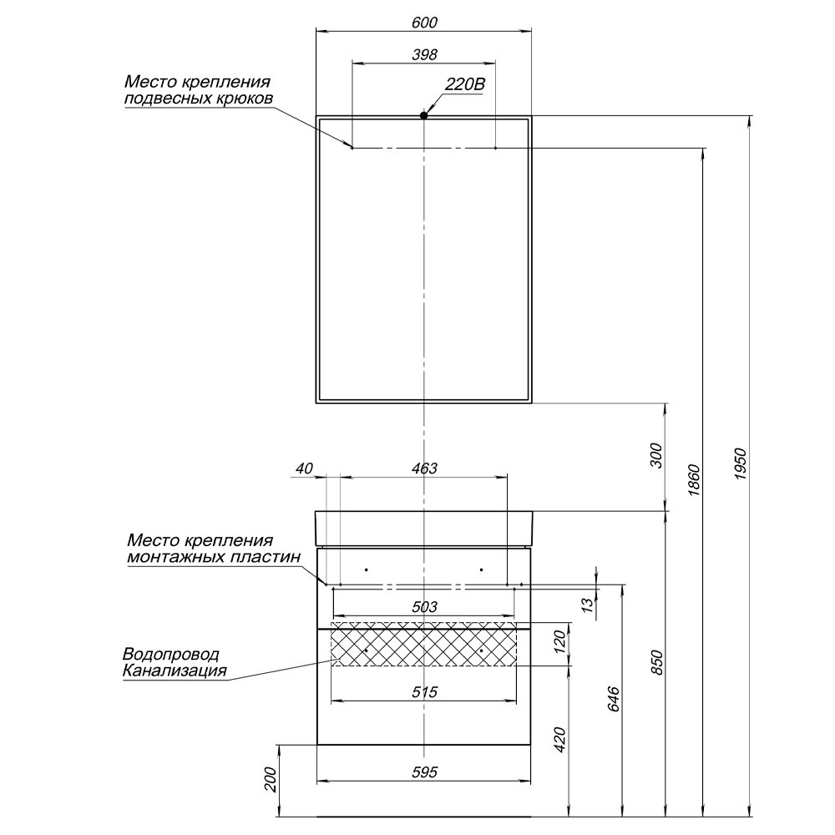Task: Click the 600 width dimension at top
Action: (x=424, y=22)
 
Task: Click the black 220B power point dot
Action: (x=424, y=115)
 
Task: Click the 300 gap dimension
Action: (x=656, y=456)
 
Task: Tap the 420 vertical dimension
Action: (x=561, y=740)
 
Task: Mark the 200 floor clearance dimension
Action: (x=270, y=780)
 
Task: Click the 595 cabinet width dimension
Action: (x=425, y=772)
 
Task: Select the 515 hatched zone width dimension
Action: (x=425, y=691)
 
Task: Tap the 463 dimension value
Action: (x=425, y=468)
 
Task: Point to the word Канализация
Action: (x=174, y=670)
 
